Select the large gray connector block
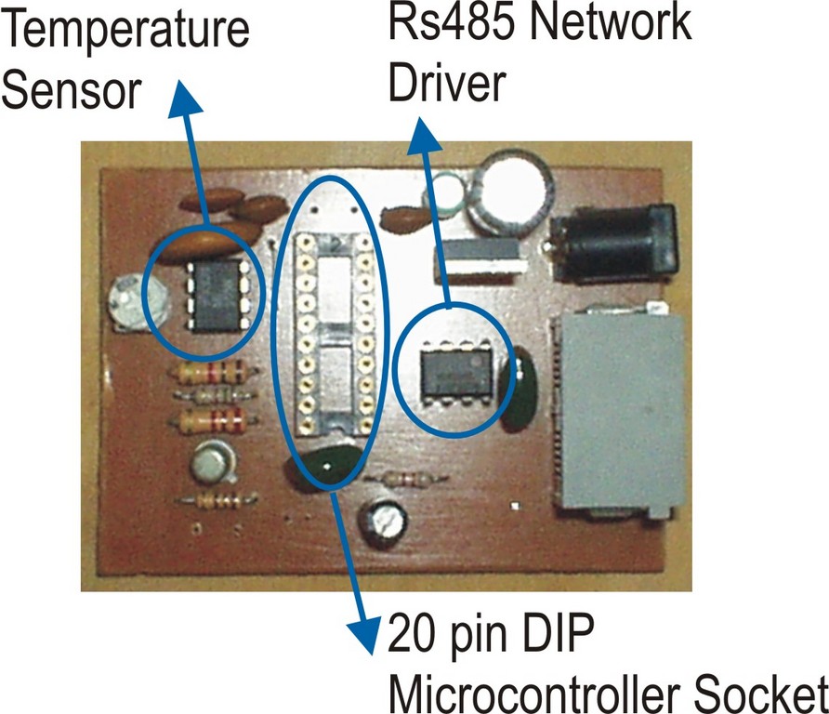pyautogui.click(x=619, y=409)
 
